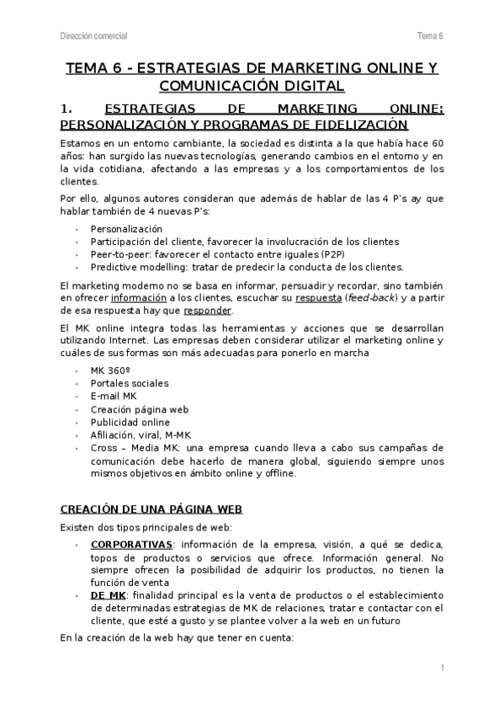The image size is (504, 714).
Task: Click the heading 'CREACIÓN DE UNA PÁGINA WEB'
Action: (137, 509)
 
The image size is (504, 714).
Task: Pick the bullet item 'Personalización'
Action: (126, 228)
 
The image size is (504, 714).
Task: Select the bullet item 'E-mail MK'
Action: (114, 396)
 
